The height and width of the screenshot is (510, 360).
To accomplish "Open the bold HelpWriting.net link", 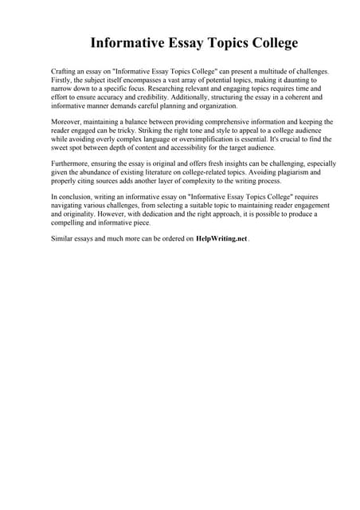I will tap(221, 238).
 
